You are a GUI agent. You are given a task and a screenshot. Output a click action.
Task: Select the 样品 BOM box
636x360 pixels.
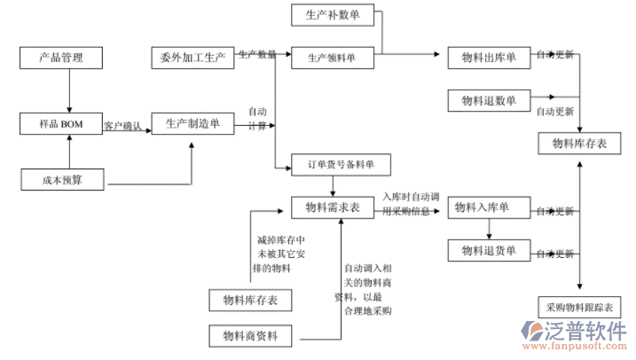point(62,124)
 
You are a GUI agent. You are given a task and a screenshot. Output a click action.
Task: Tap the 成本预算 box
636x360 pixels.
point(62,180)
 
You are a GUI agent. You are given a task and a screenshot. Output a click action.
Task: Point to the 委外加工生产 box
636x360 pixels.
point(192,59)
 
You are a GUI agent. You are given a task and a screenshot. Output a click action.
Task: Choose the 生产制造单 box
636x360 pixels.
point(192,124)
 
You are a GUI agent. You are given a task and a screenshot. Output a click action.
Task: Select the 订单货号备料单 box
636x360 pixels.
point(341,164)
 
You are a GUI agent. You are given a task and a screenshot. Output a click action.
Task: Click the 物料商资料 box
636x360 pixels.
point(250,336)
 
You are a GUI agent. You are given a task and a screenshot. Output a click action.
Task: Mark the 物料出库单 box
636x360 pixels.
point(489,58)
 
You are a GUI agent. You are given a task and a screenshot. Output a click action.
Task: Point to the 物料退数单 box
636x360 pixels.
point(489,99)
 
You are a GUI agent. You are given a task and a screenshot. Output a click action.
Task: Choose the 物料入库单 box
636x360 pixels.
point(489,207)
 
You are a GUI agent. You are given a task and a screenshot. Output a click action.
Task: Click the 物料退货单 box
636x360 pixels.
point(489,252)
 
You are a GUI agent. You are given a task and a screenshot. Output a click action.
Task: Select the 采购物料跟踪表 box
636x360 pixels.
point(579,307)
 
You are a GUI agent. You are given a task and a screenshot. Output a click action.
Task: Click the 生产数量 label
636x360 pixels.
point(256,55)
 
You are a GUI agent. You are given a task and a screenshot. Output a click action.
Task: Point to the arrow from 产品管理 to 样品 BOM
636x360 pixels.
point(68,91)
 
